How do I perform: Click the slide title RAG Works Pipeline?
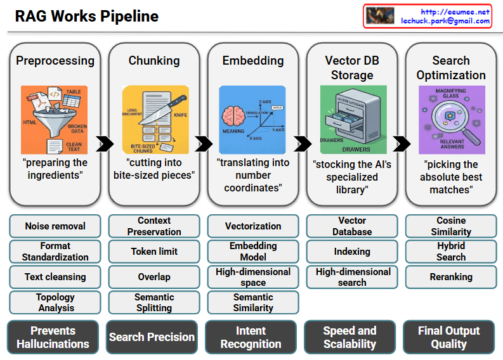pos(87,16)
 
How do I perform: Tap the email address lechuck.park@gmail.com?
pos(445,21)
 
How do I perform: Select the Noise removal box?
pos(55,226)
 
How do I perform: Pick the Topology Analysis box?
pos(55,302)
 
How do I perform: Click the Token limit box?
pos(154,252)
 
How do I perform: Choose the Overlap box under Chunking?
pos(154,277)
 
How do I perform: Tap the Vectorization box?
pos(253,226)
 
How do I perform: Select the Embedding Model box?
pos(253,252)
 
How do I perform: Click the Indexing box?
pos(352,252)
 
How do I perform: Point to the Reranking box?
pos(451,277)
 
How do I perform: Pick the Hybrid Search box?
pos(451,252)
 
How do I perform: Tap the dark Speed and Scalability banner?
pos(349,337)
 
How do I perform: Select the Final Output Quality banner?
pos(448,337)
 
